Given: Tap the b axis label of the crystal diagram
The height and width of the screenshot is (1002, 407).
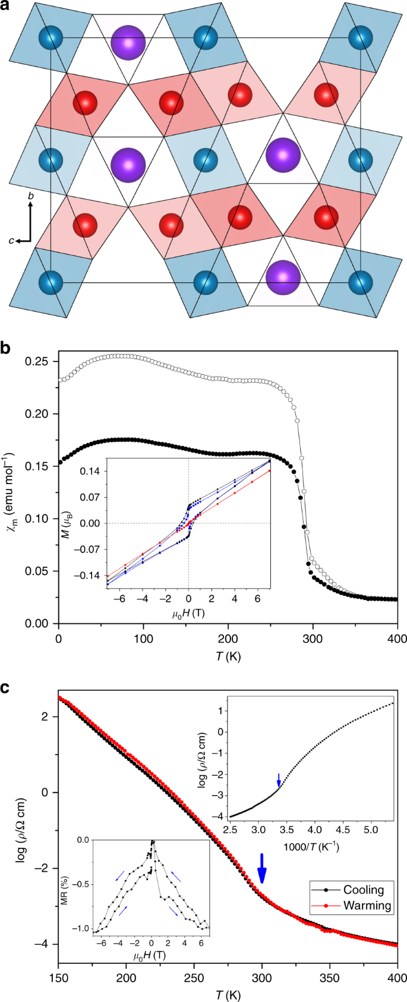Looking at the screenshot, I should tap(30, 195).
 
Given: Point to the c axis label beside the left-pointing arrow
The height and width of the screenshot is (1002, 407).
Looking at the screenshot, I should tap(11, 240).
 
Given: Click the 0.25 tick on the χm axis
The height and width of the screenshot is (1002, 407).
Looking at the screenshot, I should tap(40, 362).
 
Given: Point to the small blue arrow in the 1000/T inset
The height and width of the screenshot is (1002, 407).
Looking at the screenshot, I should tap(279, 779).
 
